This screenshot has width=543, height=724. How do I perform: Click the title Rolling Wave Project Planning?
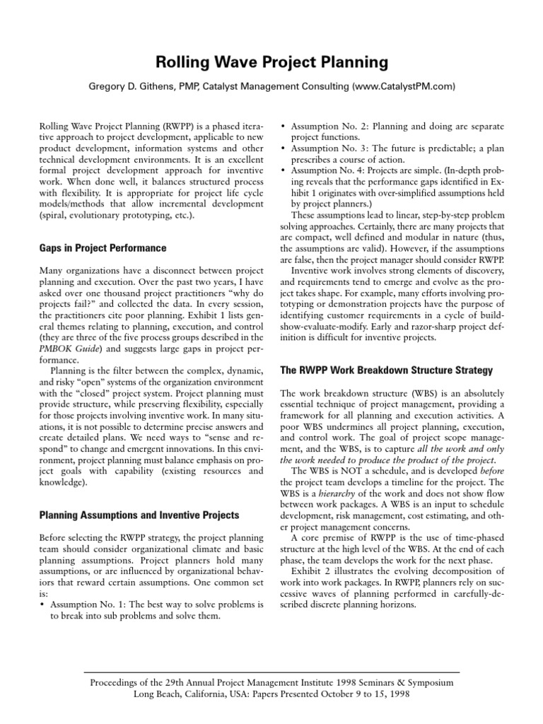tap(271, 62)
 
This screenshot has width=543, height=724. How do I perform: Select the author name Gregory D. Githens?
tap(146, 86)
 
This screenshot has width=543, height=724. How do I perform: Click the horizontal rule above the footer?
tap(271, 671)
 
